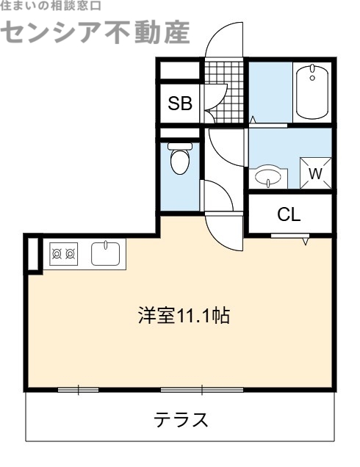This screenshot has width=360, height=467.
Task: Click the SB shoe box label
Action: point(180,104)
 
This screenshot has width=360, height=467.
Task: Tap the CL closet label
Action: point(289,214)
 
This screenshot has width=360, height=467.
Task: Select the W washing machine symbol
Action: point(315,173)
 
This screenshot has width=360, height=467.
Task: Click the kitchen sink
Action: point(107,254)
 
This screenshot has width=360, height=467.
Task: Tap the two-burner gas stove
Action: point(63,254)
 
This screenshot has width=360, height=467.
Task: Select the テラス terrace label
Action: point(181,420)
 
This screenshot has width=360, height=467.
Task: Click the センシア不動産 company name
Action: point(96,31)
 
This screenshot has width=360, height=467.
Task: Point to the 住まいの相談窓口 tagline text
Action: point(51,5)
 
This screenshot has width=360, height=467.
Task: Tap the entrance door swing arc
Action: point(222,37)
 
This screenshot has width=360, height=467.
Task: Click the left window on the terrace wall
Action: point(78,388)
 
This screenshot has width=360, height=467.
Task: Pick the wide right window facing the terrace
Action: point(192,388)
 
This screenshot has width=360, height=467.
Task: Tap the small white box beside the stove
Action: point(32,253)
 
